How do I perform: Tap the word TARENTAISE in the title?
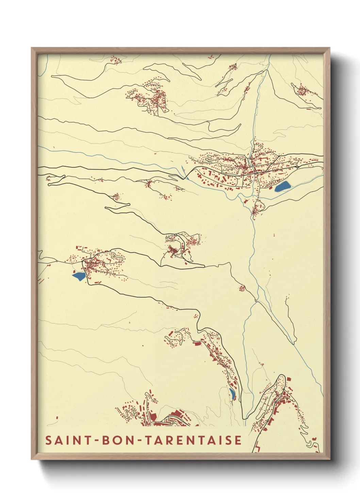194,440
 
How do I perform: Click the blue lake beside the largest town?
283,186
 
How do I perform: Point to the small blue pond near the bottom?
232,394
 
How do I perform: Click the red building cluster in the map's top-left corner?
116,61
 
